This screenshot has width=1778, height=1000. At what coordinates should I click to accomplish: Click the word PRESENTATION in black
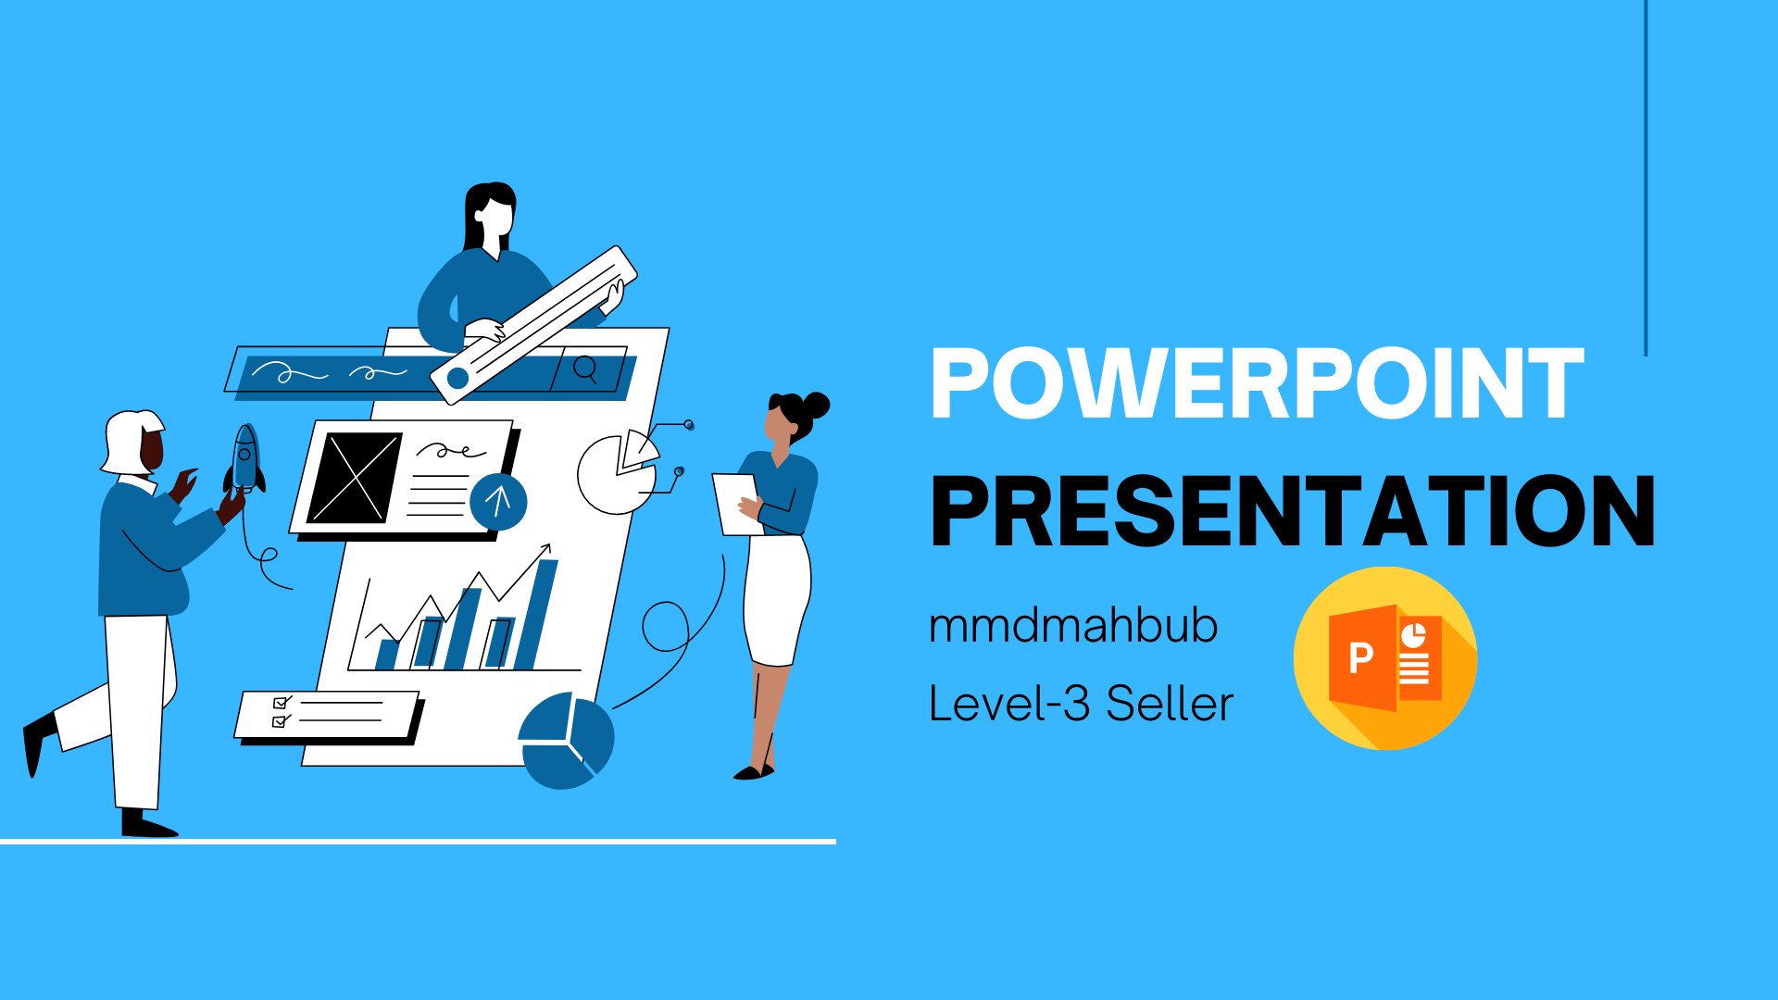click(x=1293, y=511)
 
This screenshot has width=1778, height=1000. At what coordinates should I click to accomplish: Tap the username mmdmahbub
click(x=1072, y=625)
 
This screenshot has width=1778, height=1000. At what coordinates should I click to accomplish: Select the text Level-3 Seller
click(x=1081, y=704)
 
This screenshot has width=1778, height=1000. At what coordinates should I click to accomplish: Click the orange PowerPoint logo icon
click(x=1385, y=658)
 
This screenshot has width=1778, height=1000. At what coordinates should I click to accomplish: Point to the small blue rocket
click(x=244, y=458)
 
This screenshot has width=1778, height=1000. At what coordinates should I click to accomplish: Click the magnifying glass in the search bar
click(x=585, y=369)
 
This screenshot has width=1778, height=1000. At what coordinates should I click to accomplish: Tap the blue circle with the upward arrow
click(x=498, y=502)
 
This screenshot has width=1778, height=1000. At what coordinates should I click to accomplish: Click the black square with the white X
click(x=354, y=478)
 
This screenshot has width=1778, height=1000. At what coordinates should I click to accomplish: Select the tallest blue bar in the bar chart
click(x=538, y=614)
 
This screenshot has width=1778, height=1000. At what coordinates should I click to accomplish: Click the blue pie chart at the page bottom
click(x=566, y=741)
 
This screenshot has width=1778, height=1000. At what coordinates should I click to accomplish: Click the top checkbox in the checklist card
click(x=281, y=703)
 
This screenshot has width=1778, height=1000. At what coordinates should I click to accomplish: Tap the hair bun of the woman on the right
click(x=817, y=405)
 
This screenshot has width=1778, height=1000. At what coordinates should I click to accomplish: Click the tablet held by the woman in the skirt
click(x=737, y=504)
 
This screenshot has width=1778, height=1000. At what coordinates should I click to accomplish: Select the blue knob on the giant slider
click(x=457, y=378)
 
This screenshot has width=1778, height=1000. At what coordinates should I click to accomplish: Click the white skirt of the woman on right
click(x=776, y=600)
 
